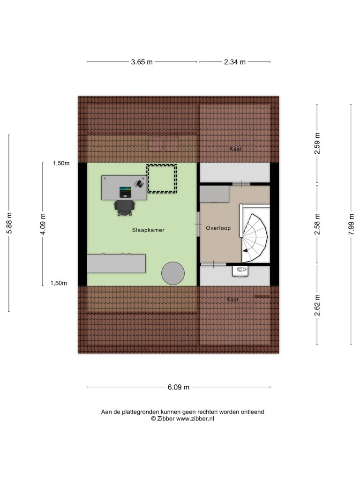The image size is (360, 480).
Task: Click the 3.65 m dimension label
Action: pos(142,62)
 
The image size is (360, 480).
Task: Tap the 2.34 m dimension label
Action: pos(235,62)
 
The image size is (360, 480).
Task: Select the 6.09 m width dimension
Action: pos(179,387)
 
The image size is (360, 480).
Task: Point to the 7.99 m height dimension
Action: pos(351,225)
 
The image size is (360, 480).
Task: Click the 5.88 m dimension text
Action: pos(9,223)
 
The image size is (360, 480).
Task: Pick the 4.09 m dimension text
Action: pos(43,224)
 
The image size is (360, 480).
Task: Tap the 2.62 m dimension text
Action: pos(317,305)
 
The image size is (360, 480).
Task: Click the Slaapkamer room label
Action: pos(148,230)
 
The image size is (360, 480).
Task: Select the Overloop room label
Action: pos(218,228)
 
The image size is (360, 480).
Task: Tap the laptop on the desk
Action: pos(125,192)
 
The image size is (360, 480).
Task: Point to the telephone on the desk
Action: pos(140,183)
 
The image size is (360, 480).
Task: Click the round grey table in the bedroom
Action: pos(173,273)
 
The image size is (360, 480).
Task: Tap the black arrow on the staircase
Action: pos(245,250)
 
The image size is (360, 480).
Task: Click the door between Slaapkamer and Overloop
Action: pos(198,225)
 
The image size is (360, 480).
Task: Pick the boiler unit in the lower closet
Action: pos(240,271)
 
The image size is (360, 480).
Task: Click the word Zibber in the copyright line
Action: pos(166,419)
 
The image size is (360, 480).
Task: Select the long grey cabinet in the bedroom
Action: pos(116,263)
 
